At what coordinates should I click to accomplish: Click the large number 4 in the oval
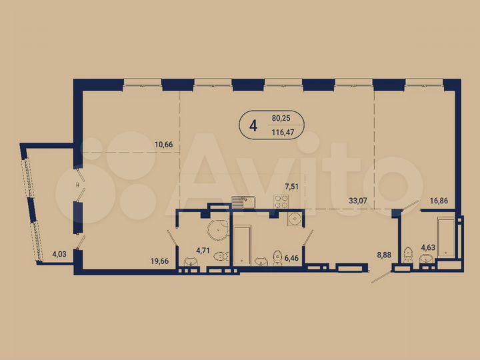pyautogui.click(x=253, y=125)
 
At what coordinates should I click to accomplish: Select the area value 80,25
pyautogui.click(x=282, y=118)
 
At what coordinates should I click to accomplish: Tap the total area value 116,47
pyautogui.click(x=283, y=132)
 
